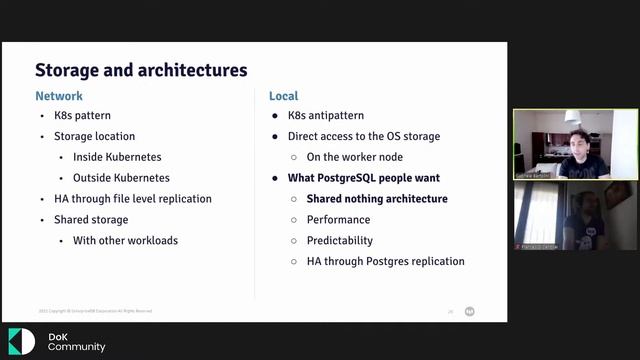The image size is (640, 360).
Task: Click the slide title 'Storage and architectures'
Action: [141, 71]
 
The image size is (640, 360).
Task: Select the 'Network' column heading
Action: [59, 97]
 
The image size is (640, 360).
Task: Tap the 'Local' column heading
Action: [284, 97]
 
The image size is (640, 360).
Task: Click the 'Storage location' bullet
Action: [95, 136]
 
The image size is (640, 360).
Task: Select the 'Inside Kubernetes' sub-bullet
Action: [117, 157]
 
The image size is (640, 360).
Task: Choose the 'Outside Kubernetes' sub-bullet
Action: [121, 178]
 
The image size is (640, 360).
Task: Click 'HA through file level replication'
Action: [133, 199]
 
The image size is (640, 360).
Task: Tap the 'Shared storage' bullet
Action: [92, 220]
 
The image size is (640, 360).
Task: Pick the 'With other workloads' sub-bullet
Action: [124, 241]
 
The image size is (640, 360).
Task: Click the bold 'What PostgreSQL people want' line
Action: [364, 178]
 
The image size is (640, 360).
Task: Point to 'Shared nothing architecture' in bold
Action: [377, 199]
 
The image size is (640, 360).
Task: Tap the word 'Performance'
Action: [338, 220]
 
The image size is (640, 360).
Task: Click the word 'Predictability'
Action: [340, 241]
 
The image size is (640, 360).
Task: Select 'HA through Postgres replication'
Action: [386, 262]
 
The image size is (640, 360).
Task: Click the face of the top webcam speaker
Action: [579, 140]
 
